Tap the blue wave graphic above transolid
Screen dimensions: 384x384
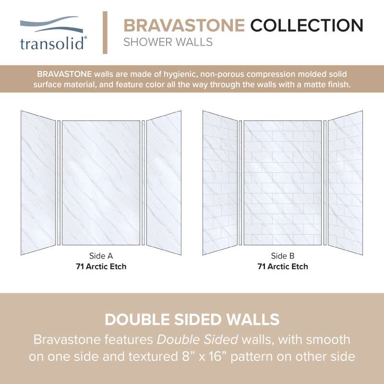pos(51,24)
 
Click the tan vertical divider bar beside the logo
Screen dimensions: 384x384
pos(105,32)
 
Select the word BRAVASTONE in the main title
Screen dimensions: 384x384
pos(184,25)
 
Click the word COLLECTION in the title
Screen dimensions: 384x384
pos(307,25)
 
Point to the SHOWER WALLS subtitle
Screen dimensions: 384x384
pos(168,42)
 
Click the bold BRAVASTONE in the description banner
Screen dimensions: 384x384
pos(64,74)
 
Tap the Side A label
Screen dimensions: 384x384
pos(101,256)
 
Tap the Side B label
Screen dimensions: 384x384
pos(283,256)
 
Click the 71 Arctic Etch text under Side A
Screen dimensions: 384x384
pos(101,266)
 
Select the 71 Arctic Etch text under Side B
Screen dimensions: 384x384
pos(283,266)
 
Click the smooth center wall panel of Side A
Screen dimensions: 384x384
pos(101,183)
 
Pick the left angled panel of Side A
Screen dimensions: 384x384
pos(38,183)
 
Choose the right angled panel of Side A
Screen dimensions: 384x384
pos(164,183)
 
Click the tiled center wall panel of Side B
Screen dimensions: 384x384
pos(283,183)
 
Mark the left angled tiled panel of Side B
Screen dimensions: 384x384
pos(220,183)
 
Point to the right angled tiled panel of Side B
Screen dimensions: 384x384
pos(346,183)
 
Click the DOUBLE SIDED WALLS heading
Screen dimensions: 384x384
pos(192,320)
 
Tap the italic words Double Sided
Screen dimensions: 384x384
pos(197,340)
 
